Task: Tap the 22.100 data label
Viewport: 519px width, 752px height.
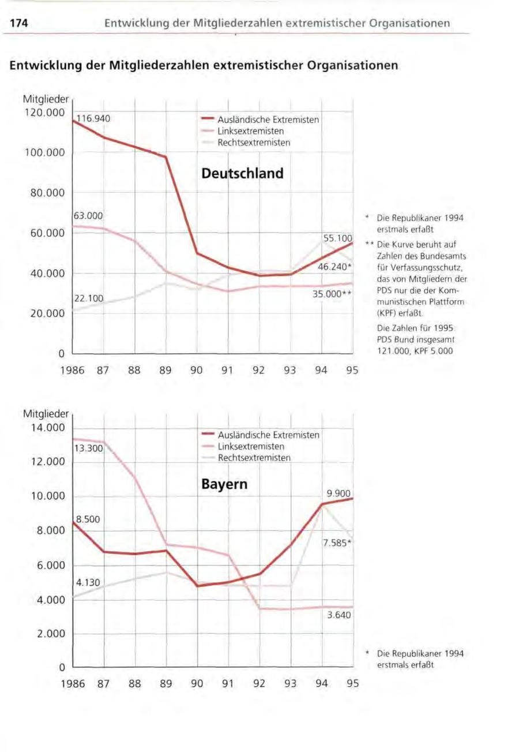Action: click(88, 298)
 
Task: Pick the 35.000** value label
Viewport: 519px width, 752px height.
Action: click(335, 294)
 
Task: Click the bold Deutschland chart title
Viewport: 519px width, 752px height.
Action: click(242, 173)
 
